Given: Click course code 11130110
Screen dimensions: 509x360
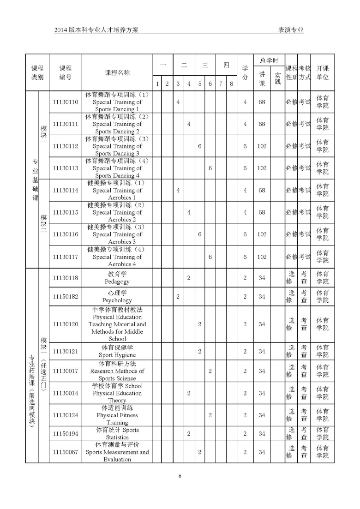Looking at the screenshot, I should (66, 102).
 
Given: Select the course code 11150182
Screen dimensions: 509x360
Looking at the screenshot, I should (66, 296).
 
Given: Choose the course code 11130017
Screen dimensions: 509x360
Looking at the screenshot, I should (66, 371).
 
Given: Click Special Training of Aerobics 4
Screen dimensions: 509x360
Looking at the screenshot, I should (117, 257).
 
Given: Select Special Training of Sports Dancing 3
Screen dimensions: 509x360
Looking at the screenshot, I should (117, 146).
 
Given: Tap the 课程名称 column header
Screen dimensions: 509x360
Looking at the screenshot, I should (117, 72).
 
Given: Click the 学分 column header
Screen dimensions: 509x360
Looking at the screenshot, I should (245, 72).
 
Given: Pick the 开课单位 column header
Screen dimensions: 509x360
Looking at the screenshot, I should (323, 72).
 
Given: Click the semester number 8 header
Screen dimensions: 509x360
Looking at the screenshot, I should (231, 84).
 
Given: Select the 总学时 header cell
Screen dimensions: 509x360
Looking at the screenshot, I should (269, 60).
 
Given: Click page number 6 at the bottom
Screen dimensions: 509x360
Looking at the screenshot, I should (180, 476).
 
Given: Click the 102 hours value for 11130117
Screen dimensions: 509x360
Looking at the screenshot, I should (262, 257).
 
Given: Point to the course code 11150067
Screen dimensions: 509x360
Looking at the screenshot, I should (66, 452).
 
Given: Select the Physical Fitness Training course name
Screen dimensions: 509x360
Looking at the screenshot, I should (117, 415).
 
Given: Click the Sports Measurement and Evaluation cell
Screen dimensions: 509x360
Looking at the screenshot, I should (117, 452).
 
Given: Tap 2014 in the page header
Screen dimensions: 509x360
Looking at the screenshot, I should (61, 30).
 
